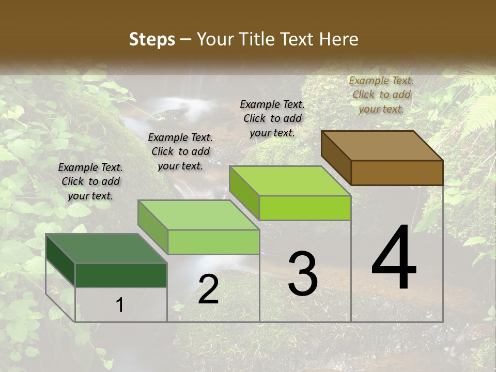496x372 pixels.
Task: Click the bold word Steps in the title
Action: click(152, 39)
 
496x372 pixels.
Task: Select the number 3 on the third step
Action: click(303, 274)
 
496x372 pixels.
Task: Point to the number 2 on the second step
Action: click(208, 289)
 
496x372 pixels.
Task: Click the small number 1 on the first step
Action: click(120, 305)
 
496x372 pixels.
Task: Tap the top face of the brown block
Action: click(382, 145)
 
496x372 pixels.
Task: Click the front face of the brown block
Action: click(397, 173)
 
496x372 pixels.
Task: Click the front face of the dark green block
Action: click(121, 275)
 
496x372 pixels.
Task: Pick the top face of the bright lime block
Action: click(289, 180)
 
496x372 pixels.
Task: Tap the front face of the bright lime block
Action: click(305, 208)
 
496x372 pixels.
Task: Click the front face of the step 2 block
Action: click(213, 242)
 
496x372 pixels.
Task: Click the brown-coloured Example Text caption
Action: click(381, 95)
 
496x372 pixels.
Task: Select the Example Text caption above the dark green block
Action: click(90, 181)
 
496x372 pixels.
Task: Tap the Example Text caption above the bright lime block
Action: click(272, 118)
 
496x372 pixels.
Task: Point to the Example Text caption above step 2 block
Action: click(180, 151)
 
